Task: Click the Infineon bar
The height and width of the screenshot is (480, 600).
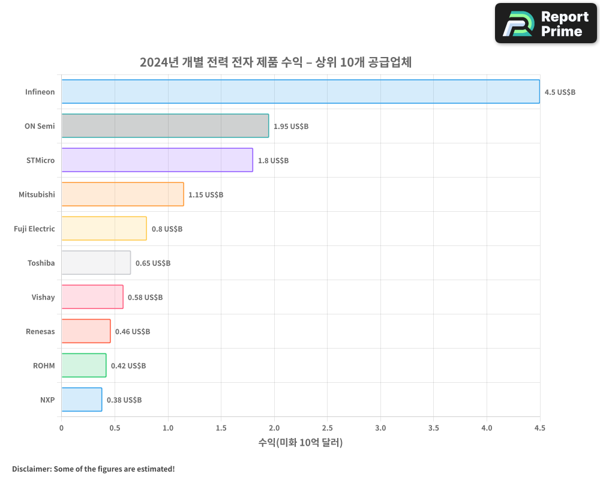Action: click(300, 92)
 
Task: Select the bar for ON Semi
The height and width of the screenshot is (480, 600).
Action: click(165, 126)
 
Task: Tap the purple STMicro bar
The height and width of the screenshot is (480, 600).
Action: click(157, 160)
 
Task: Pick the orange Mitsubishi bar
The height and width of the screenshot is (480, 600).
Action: click(122, 194)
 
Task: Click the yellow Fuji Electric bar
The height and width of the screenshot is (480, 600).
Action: click(104, 229)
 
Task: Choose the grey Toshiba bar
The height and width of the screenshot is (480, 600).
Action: click(96, 263)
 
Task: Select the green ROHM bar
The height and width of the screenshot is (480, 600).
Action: click(83, 365)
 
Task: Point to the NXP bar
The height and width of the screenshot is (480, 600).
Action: click(82, 400)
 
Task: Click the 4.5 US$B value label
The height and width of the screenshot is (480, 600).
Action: click(560, 92)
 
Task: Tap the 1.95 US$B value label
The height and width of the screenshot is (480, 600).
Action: click(290, 127)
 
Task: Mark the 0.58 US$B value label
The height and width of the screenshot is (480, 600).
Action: click(145, 298)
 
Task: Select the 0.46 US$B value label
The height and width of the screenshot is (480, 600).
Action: click(132, 332)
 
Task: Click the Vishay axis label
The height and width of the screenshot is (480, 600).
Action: click(43, 297)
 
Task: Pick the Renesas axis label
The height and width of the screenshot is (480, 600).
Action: click(40, 331)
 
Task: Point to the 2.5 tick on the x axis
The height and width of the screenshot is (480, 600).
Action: click(327, 428)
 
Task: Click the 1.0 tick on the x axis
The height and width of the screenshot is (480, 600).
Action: click(167, 428)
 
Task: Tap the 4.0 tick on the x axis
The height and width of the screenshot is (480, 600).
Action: click(487, 428)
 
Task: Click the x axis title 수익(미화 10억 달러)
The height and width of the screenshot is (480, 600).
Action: click(300, 443)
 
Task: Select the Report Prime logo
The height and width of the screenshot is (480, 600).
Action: click(546, 23)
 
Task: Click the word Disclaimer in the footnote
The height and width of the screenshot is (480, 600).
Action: click(31, 469)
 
